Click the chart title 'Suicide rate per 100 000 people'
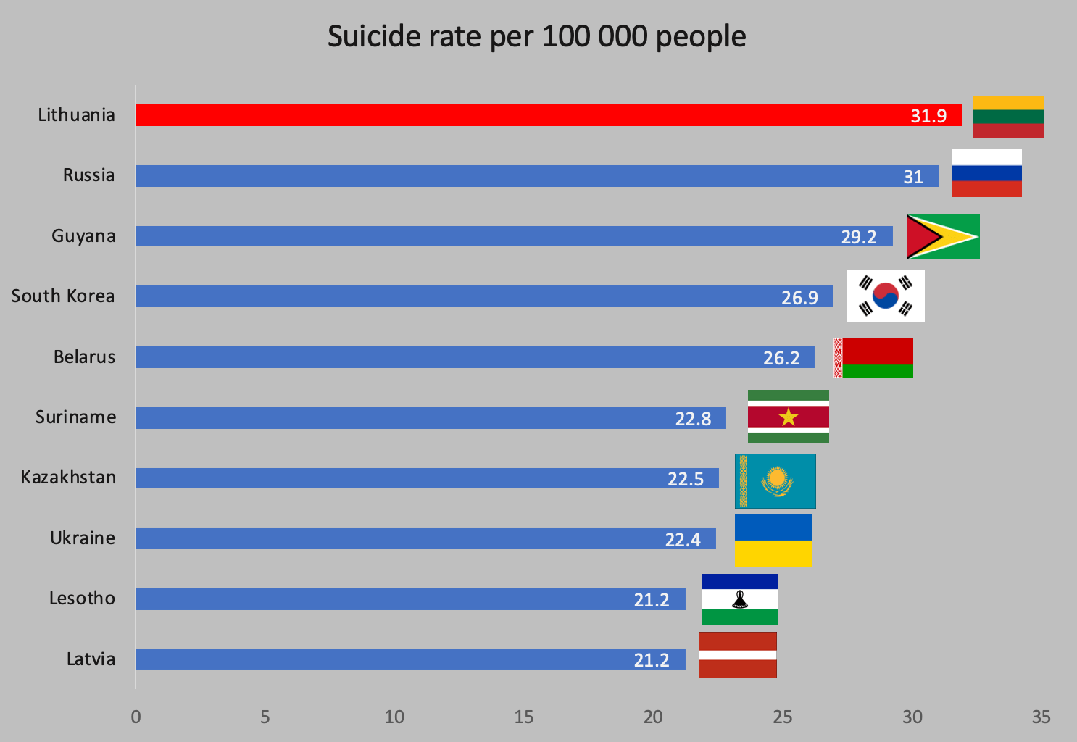pyautogui.click(x=536, y=36)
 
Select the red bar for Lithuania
pyautogui.click(x=507, y=115)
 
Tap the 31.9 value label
pyautogui.click(x=928, y=116)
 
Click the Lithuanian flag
pyautogui.click(x=1007, y=116)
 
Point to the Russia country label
pyautogui.click(x=88, y=175)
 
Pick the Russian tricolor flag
pyautogui.click(x=986, y=173)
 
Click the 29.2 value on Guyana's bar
pyautogui.click(x=858, y=237)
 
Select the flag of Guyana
pyautogui.click(x=943, y=237)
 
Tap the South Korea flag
pyautogui.click(x=885, y=296)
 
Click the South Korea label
pyautogui.click(x=63, y=296)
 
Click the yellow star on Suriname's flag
pyautogui.click(x=788, y=417)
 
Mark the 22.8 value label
pyautogui.click(x=693, y=419)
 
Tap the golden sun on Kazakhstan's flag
pyautogui.click(x=777, y=478)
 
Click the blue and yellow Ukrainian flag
pyautogui.click(x=773, y=541)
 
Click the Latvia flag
pyautogui.click(x=737, y=655)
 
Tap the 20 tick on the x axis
pyautogui.click(x=652, y=717)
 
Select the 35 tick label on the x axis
pyautogui.click(x=1041, y=717)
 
